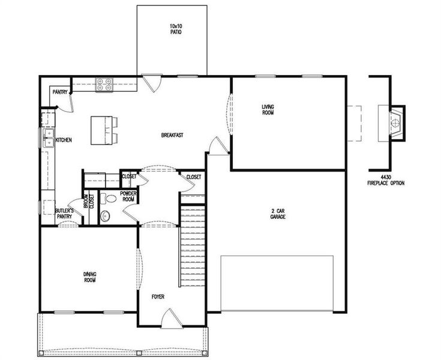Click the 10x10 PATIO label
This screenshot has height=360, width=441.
[x=175, y=28]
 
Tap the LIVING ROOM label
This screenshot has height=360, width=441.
[x=268, y=110]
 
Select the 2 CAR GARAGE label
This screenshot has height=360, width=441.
[x=277, y=214]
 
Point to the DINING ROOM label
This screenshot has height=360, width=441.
[x=90, y=277]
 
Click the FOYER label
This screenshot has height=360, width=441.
[x=157, y=297]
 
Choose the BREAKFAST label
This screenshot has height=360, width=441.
[x=172, y=136]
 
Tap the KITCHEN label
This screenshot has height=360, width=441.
[x=64, y=140]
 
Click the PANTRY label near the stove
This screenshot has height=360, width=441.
[x=60, y=92]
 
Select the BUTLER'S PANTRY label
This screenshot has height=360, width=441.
[x=64, y=214]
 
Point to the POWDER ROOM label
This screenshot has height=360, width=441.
[x=129, y=197]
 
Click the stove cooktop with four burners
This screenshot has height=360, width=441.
[x=104, y=85]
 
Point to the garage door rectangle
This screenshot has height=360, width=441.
[x=277, y=283]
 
